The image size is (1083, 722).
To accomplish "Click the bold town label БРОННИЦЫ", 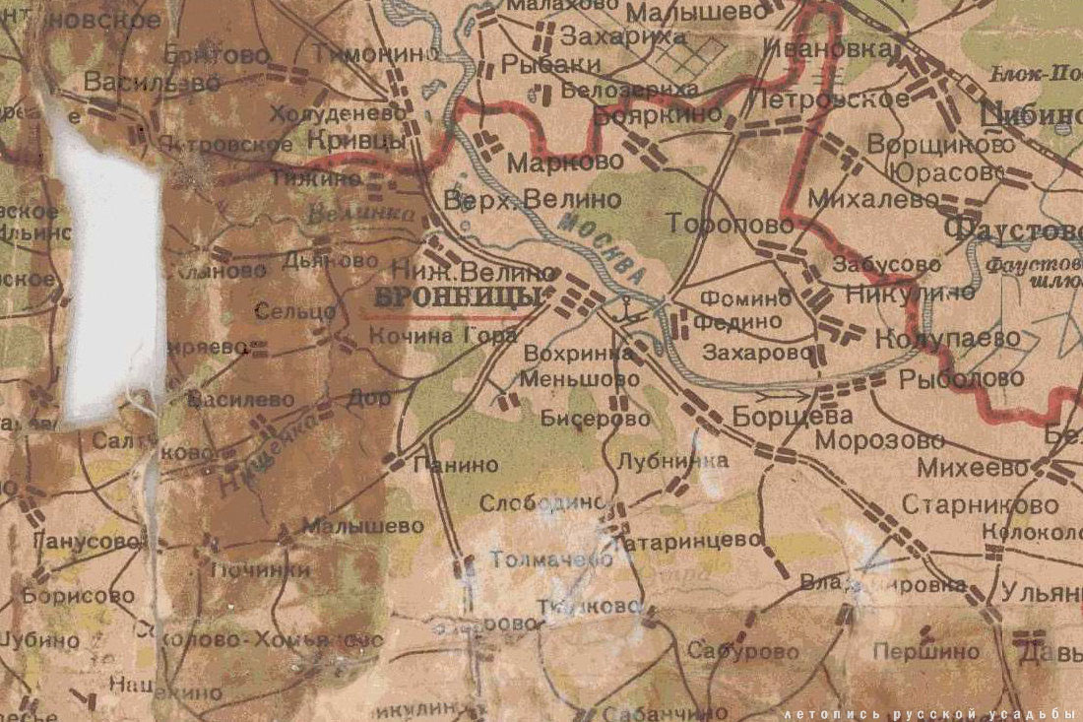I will [459, 297].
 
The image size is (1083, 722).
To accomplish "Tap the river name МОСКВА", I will [601, 251].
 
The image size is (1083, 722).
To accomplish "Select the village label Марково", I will [550, 163].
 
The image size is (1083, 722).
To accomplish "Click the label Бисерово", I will [596, 419].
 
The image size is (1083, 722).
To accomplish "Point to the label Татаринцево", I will [688, 541].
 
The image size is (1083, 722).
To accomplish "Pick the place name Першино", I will [925, 651].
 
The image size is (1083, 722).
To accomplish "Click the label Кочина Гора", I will [442, 336].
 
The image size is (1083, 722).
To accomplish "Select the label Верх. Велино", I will [533, 200].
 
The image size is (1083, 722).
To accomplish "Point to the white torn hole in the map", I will [110, 276].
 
